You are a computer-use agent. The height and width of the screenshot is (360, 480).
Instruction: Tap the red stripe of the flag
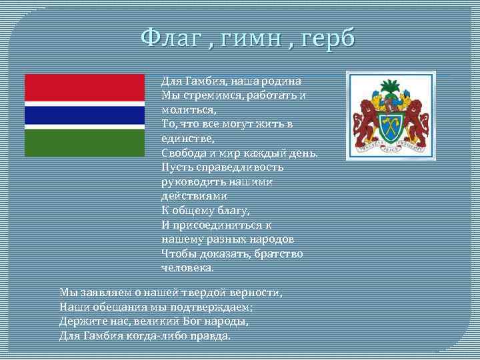coord(85,87)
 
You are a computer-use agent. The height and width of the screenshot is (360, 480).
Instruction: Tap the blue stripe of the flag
coord(85,115)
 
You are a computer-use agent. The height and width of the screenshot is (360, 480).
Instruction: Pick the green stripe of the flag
coord(85,143)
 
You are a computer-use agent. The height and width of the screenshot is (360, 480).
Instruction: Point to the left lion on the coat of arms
coord(366,120)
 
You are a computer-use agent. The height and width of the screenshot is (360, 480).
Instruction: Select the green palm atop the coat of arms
coord(391,87)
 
